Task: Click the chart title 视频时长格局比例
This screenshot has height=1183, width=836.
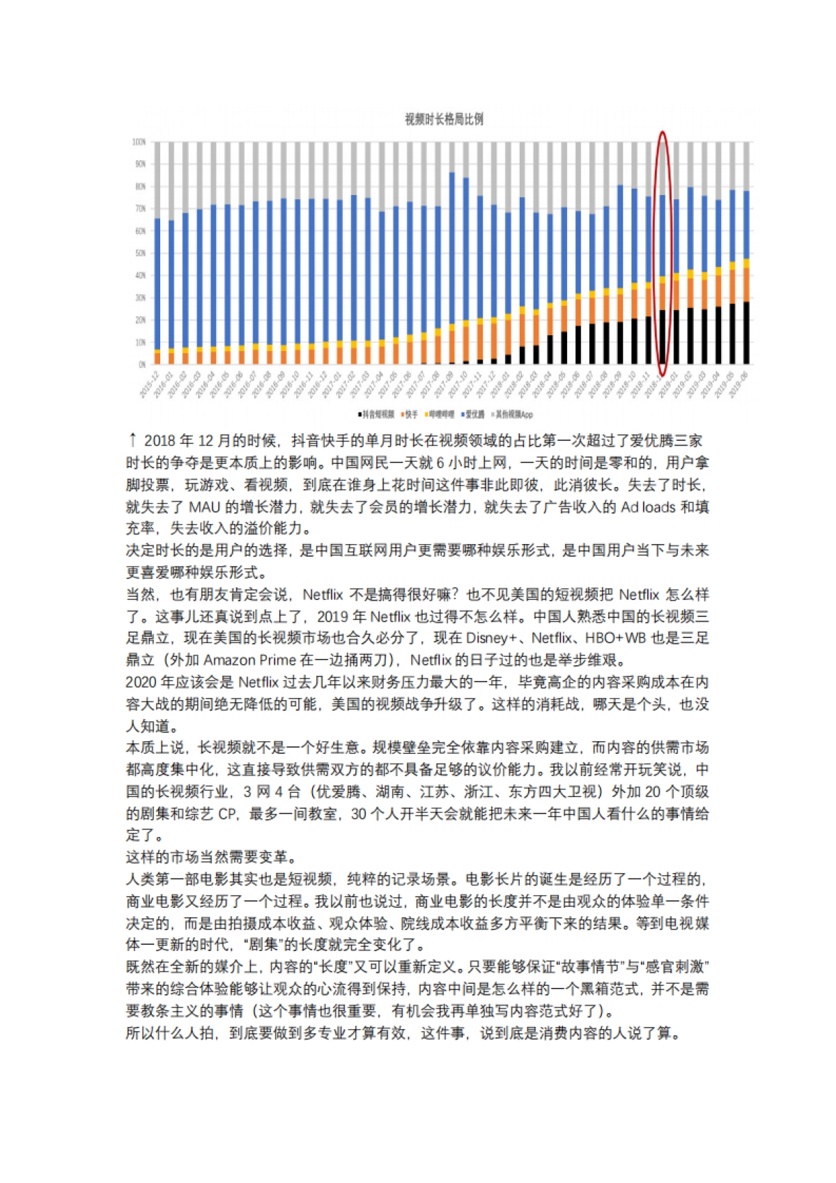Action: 444,119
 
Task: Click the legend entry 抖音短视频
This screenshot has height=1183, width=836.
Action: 378,415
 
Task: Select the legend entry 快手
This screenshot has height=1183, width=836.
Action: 411,415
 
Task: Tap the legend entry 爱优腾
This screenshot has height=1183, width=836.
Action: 474,415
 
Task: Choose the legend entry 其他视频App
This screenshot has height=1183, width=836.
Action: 514,415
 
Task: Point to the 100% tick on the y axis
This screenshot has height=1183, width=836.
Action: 139,142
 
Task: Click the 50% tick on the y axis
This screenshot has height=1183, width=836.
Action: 140,253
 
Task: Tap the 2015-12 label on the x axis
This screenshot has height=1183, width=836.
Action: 149,385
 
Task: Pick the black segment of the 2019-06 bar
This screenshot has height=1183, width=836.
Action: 746,333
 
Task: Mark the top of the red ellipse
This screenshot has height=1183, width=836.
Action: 663,132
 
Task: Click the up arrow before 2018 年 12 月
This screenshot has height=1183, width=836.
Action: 132,440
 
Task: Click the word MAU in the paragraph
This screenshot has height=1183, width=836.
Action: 205,507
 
